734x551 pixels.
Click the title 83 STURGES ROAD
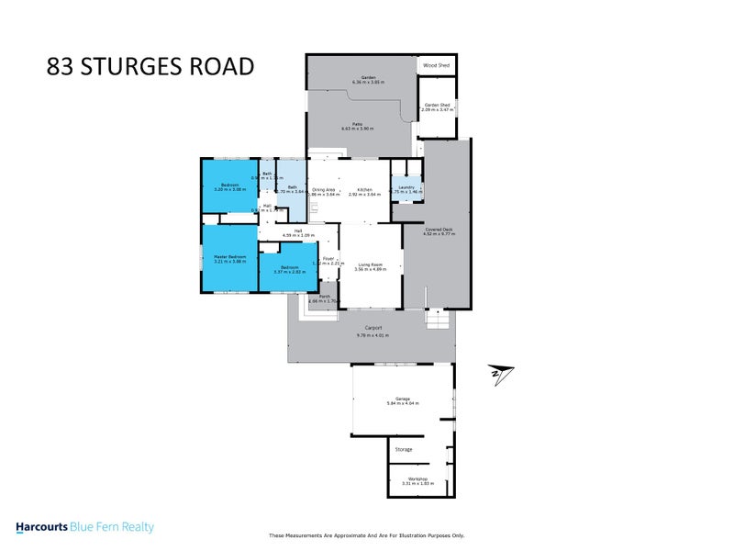[150, 67]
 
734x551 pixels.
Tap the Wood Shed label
[437, 65]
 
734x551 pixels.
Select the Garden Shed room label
[437, 105]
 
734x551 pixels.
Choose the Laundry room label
[407, 188]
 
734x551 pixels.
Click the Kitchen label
[364, 188]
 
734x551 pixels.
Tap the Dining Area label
[323, 188]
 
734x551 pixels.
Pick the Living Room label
[371, 264]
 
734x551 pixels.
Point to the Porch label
[324, 296]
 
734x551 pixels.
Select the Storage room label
[404, 449]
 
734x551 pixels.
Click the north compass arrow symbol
[502, 374]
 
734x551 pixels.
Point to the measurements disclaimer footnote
[366, 535]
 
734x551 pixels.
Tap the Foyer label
[328, 259]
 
